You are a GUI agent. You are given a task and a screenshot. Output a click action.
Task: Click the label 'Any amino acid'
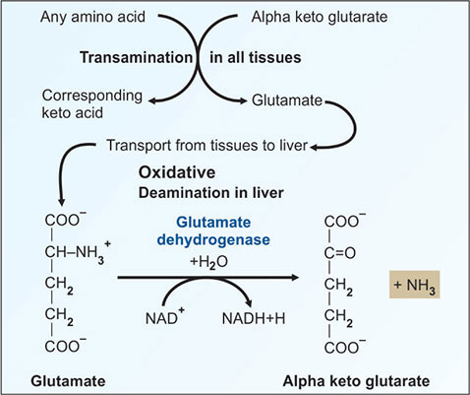coord(92,17)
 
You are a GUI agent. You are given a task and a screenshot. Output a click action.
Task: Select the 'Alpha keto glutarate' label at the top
coord(320,17)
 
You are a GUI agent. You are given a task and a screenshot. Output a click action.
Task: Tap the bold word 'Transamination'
coord(137,57)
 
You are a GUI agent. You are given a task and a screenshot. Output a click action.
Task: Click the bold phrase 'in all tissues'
coord(256,57)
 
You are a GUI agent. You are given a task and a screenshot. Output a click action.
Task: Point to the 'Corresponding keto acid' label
coord(92,104)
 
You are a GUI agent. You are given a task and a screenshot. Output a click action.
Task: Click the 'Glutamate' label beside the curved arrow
coord(287,100)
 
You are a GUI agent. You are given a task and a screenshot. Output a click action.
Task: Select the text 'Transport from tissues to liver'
coord(207,146)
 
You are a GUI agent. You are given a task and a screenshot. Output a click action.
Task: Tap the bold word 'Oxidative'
coord(177,172)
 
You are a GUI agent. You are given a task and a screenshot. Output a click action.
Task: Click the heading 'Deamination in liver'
coord(211,193)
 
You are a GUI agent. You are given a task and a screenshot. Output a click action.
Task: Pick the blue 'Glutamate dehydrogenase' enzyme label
coord(213,230)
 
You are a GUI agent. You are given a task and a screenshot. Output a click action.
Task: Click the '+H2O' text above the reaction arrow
coord(208,262)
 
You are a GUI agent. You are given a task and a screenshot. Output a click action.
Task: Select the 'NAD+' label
coord(165,317)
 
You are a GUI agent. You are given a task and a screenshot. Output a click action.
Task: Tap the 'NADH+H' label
coord(254,318)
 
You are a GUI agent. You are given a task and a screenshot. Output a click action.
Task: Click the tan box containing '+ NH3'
coord(415,285)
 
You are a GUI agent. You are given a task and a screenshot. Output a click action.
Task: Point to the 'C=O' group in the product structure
coord(340,253)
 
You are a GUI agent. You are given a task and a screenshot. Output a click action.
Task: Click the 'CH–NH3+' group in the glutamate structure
coord(78,252)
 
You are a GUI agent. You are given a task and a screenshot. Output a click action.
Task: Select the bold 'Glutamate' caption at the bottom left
coord(68,381)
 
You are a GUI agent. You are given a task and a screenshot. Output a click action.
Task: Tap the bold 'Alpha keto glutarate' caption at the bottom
coord(356,381)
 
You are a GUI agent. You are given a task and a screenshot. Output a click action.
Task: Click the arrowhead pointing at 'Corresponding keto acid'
coord(152,100)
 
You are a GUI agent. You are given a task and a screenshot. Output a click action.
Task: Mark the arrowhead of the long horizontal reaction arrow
coord(294,278)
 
